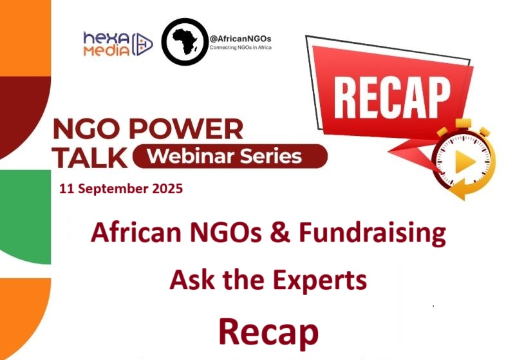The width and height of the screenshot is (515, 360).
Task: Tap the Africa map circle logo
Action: (x=185, y=42)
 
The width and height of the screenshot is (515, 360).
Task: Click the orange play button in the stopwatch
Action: (x=461, y=164)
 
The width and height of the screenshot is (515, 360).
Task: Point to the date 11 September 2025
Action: (x=120, y=189)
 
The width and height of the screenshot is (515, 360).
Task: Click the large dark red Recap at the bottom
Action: (x=268, y=331)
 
